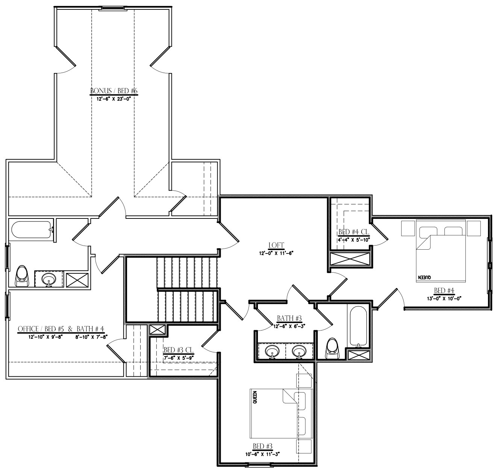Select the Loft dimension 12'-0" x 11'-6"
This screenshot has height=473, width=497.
pos(276,253)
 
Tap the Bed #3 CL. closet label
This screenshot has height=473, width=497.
pos(178,350)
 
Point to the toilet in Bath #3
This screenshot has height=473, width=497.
pos(332,348)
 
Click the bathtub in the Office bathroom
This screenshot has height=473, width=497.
pos(31,229)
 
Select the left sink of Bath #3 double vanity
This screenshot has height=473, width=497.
pos(272,352)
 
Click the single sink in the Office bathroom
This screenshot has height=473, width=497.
pos(48,279)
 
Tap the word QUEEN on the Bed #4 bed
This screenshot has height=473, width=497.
pos(423,277)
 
